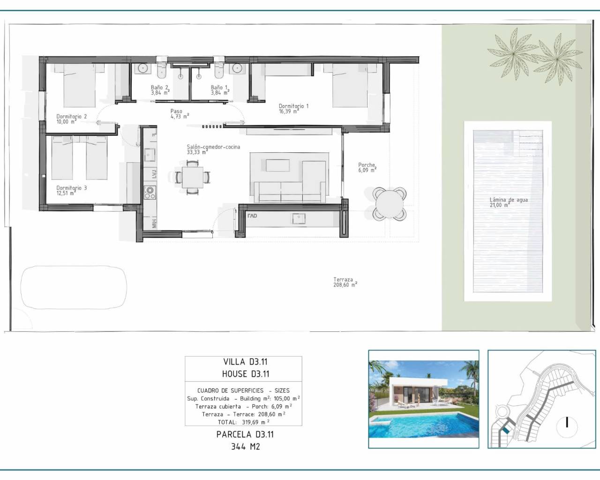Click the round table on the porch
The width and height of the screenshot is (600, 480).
pyautogui.click(x=390, y=203)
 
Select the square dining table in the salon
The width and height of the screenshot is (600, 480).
pyautogui.click(x=193, y=177)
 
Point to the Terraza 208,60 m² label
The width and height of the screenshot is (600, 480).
pyautogui.click(x=345, y=282)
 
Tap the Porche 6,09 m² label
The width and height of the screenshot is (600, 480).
pyautogui.click(x=367, y=167)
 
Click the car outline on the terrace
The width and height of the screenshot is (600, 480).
pyautogui.click(x=74, y=287)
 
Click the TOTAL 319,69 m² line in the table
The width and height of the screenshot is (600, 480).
pyautogui.click(x=243, y=422)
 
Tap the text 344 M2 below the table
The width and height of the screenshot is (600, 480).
pyautogui.click(x=245, y=446)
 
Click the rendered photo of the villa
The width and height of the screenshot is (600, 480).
pyautogui.click(x=423, y=399)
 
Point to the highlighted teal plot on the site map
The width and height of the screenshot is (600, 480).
pyautogui.click(x=505, y=429)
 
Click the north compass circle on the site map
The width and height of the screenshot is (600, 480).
pyautogui.click(x=567, y=422)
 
